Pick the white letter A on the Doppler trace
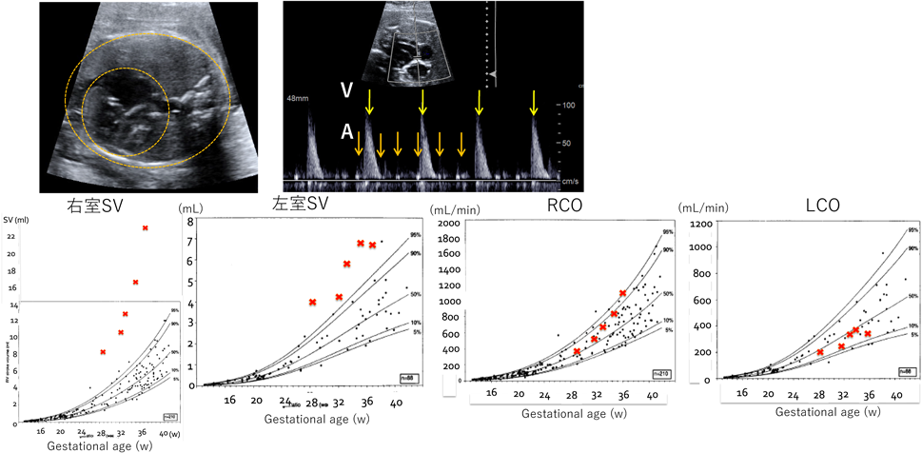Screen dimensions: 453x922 (347, 134)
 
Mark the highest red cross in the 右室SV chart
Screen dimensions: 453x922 (146, 227)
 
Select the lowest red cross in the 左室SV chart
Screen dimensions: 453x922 (312, 303)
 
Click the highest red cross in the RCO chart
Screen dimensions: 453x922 (623, 293)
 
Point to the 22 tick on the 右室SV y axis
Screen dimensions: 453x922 (10, 236)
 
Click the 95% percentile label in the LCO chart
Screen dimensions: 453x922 (912, 230)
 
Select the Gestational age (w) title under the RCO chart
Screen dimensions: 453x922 (567, 413)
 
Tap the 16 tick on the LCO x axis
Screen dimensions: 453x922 (740, 392)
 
